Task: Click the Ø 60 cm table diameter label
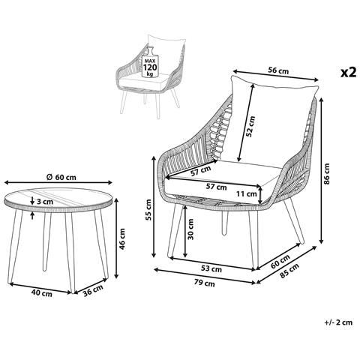[x=61, y=177]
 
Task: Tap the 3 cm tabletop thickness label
[x=45, y=201]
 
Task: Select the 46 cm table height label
[x=122, y=239]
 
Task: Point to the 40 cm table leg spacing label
[x=42, y=293]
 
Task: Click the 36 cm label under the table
[x=93, y=290]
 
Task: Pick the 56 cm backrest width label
[x=278, y=70]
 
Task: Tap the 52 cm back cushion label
[x=250, y=126]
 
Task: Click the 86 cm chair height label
[x=327, y=173]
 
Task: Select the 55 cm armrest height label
[x=148, y=210]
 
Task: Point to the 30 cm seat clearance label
[x=190, y=229]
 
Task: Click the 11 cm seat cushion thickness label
[x=247, y=193]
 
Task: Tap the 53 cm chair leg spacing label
[x=211, y=269]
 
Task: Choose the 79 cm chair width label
[x=205, y=283]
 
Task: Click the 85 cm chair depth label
[x=289, y=271]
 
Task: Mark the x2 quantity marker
[x=349, y=73]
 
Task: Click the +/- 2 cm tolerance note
[x=338, y=322]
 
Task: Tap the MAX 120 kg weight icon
[x=150, y=62]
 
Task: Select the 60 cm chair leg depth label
[x=280, y=262]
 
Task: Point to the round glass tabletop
[x=58, y=199]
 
